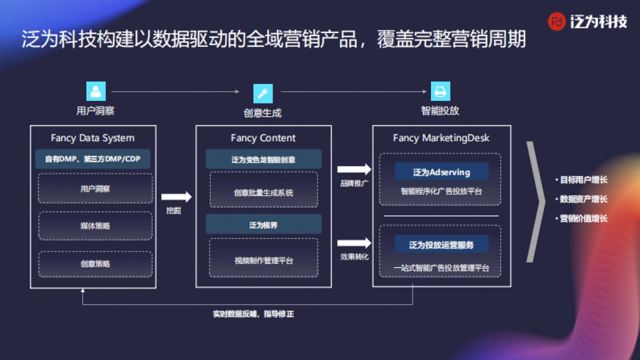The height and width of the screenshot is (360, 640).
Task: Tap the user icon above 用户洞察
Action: pos(95,91)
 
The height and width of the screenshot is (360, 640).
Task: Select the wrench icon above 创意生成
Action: pos(262,93)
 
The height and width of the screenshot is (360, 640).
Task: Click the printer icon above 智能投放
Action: pos(440,91)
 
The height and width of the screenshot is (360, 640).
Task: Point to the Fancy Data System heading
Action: pos(93,138)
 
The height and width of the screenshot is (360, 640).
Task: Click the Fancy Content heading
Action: pos(263,138)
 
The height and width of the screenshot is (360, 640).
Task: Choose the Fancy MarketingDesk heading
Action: pos(441,138)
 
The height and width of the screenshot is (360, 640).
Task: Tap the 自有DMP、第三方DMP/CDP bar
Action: pos(93,159)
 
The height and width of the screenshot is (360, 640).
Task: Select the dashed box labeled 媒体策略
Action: pos(95,226)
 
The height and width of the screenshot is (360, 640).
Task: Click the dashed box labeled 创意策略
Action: pos(95,263)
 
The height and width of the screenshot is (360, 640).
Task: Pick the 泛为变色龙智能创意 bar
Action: pos(263,159)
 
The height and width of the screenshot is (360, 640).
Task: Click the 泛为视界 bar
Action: pos(263,225)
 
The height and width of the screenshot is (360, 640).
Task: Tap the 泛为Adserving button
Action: pos(442,172)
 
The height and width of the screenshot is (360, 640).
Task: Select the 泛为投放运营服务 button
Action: pos(442,245)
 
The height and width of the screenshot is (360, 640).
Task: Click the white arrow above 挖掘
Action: pos(176,197)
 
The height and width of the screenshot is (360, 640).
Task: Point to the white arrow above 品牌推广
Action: pos(354,170)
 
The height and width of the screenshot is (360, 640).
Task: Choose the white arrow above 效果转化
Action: pos(354,243)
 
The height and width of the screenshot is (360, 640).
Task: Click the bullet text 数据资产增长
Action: pos(583,199)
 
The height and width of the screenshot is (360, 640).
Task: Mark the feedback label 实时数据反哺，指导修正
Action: pos(253,314)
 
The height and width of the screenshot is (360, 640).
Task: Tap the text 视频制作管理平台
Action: pos(263,261)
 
